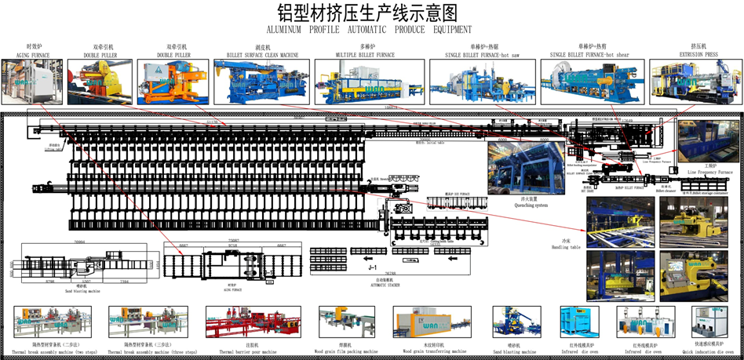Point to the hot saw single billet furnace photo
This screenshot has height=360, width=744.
tap(480, 82)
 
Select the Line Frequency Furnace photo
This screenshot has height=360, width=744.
tap(708, 141)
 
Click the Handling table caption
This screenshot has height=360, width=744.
tap(570, 245)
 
